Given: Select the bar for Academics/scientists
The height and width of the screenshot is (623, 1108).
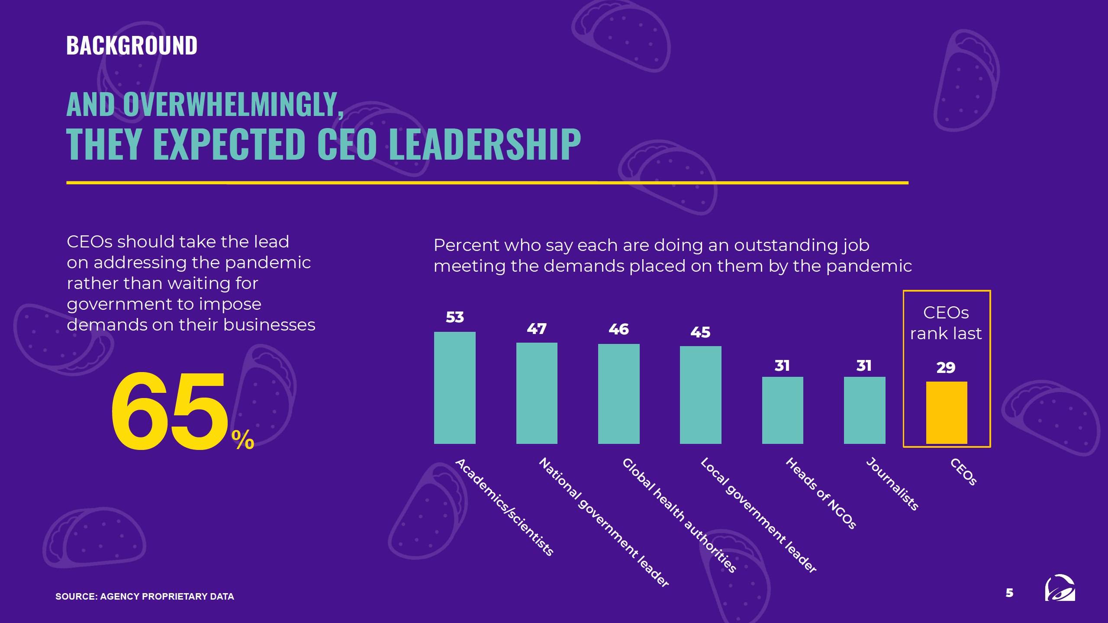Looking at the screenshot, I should click(x=454, y=388).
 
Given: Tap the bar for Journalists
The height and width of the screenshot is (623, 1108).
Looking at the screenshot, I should click(x=864, y=410).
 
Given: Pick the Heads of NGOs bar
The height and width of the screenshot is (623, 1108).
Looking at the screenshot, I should click(x=783, y=410).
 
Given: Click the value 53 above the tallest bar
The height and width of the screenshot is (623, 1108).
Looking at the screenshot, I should click(x=454, y=317).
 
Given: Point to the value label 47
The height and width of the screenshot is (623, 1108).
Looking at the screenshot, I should click(x=537, y=329).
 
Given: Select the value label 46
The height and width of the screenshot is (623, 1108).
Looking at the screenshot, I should click(x=618, y=329).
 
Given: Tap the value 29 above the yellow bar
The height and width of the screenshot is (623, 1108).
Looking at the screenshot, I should click(x=946, y=367).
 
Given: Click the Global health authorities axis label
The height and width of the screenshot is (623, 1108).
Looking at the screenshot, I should click(x=679, y=515).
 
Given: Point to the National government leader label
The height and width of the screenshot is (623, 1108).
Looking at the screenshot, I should click(x=604, y=521).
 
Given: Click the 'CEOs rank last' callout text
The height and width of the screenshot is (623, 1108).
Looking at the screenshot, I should click(x=946, y=323).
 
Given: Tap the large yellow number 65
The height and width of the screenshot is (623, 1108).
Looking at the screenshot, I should click(x=169, y=411).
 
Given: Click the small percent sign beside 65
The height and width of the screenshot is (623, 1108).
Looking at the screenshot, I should click(x=243, y=440).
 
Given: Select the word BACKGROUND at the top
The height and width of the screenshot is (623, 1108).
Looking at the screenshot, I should click(x=132, y=45).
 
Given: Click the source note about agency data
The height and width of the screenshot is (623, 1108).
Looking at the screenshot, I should click(x=145, y=596).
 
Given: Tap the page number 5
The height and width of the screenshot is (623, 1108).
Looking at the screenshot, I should click(x=1009, y=593).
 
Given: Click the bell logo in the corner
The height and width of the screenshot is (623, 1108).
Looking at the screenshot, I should click(x=1060, y=588).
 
